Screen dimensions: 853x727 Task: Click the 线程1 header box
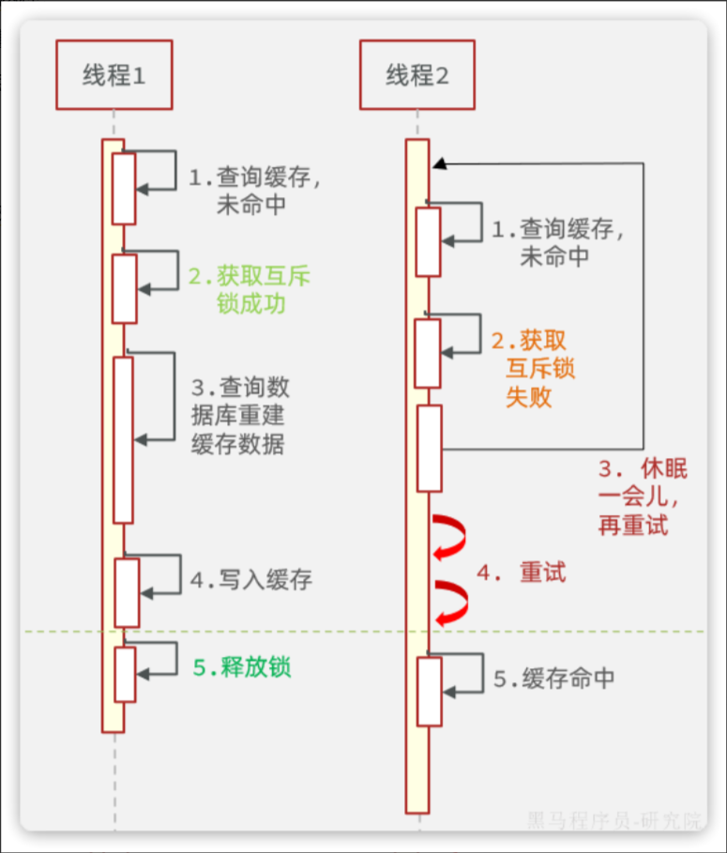pos(114,75)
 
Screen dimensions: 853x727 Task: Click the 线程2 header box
pos(417,75)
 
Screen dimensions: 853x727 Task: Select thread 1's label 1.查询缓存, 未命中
pos(250,190)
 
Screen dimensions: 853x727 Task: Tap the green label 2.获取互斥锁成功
pos(250,290)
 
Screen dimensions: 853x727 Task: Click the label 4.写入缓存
pos(251,580)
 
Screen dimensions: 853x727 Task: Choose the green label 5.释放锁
pos(242,667)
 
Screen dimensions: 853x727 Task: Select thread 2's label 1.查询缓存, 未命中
pos(554,241)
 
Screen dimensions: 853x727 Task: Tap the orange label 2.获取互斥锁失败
pos(530,369)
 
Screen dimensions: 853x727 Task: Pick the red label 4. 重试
pos(522,572)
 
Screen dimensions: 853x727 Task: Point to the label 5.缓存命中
pos(554,678)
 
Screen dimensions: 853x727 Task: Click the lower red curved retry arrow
pos(450,602)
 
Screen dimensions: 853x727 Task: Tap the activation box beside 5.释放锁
pos(125,674)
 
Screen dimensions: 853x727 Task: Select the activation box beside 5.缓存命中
pos(429,691)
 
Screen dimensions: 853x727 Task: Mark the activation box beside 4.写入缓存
pos(127,592)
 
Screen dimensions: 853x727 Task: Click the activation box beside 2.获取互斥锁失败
pos(428,353)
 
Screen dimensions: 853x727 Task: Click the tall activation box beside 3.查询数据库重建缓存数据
pos(123,439)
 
